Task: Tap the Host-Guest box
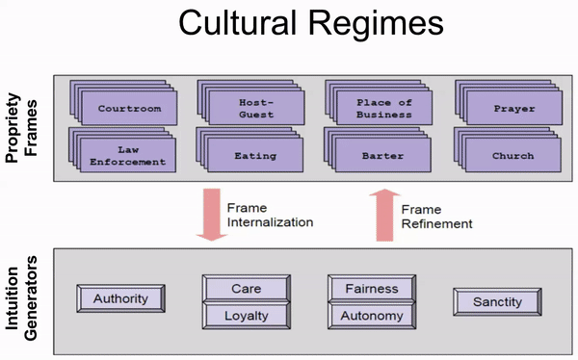click(255, 108)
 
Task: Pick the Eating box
click(255, 155)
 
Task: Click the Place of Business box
click(383, 108)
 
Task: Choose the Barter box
click(383, 155)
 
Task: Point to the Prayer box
click(512, 109)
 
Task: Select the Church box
click(512, 155)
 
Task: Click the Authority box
click(120, 298)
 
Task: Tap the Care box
click(246, 288)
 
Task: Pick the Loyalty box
click(246, 315)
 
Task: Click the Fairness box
click(372, 288)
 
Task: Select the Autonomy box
click(372, 315)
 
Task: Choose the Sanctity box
click(497, 302)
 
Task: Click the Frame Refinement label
click(437, 216)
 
